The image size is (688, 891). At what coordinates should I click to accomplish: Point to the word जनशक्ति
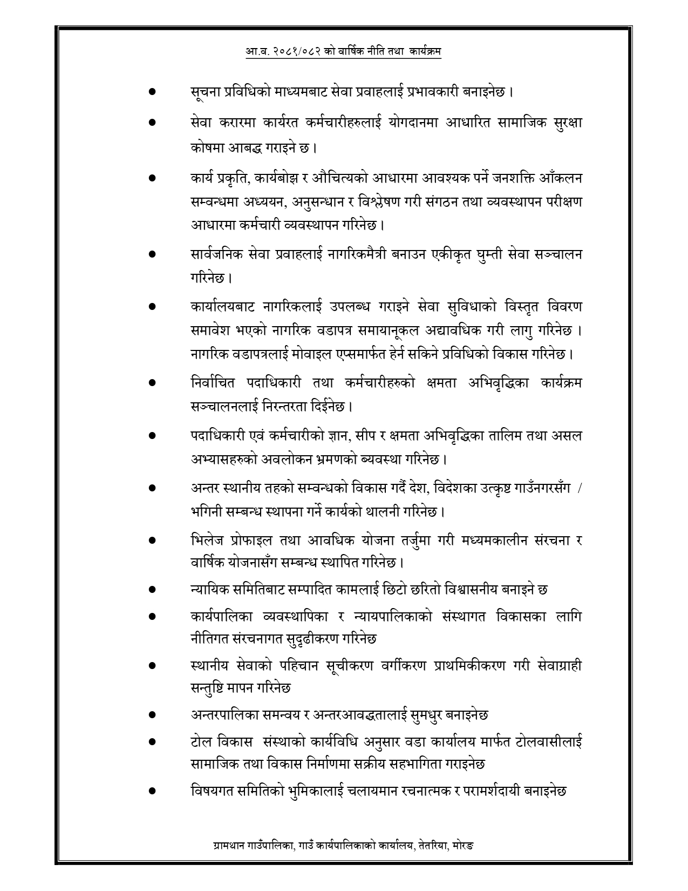tap(520, 178)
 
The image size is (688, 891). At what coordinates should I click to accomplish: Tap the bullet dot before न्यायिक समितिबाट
tap(152, 590)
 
